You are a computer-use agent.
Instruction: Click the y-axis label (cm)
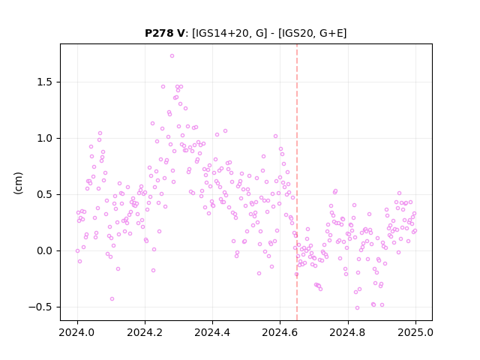tap(18, 183)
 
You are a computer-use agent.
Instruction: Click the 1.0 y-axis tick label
tap(45, 138)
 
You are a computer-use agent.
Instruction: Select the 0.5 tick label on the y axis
tap(45, 195)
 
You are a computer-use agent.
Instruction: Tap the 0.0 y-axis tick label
tap(45, 251)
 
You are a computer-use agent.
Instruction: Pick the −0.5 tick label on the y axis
tap(40, 307)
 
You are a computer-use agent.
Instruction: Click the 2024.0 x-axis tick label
tap(77, 332)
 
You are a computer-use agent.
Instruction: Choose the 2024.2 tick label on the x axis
tap(145, 332)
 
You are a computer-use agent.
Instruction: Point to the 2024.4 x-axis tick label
tap(212, 332)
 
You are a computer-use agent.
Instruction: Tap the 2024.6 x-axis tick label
tap(280, 332)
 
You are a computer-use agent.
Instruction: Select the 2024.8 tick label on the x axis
tap(347, 332)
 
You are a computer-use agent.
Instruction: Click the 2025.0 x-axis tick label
tap(415, 332)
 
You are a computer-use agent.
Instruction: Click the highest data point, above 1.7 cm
tap(172, 56)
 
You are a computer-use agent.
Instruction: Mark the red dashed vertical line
tap(297, 182)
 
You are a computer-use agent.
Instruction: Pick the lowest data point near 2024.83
tap(357, 308)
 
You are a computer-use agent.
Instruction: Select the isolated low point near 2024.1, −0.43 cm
tap(112, 298)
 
